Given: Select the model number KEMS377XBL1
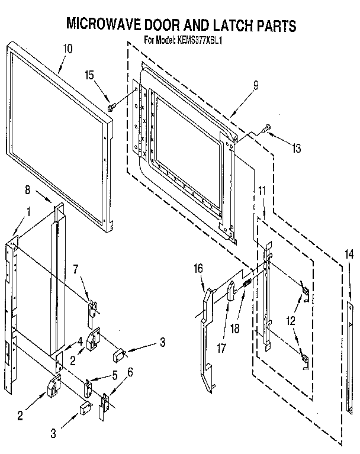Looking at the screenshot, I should click(199, 41).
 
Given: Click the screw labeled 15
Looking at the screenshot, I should click(112, 107).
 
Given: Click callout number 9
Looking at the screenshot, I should click(255, 85).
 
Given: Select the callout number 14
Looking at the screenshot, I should click(349, 255).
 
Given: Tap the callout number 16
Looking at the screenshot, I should click(198, 269).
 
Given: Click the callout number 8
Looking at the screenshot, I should click(27, 191).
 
